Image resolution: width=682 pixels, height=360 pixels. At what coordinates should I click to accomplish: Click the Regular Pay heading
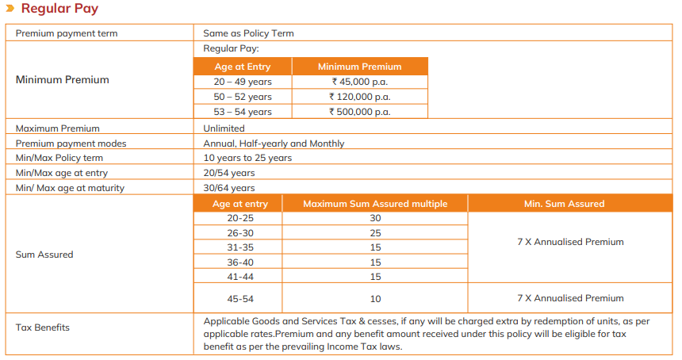(x=59, y=9)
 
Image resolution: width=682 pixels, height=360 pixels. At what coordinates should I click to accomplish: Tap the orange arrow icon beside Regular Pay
(x=10, y=8)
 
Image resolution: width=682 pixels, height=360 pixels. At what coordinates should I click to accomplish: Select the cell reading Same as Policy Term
(x=248, y=33)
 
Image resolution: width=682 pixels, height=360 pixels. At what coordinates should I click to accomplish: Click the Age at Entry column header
(x=242, y=67)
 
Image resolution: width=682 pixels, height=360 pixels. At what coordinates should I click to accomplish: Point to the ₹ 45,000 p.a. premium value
(x=360, y=82)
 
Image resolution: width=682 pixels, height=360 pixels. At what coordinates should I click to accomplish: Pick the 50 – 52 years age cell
(x=242, y=97)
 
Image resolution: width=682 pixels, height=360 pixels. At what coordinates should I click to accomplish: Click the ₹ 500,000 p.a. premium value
(x=360, y=112)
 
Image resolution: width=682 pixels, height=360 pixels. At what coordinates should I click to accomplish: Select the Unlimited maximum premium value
(x=224, y=128)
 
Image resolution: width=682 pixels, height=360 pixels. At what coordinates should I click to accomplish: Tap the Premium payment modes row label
(x=71, y=144)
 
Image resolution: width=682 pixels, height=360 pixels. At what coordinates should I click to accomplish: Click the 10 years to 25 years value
(x=247, y=158)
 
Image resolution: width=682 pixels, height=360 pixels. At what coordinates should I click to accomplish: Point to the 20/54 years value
(x=229, y=173)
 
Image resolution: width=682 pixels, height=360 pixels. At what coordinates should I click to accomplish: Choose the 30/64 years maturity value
(x=229, y=188)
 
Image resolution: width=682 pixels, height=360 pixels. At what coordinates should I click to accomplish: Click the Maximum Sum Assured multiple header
(x=375, y=204)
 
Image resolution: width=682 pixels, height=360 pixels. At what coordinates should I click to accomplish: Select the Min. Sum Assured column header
(x=564, y=204)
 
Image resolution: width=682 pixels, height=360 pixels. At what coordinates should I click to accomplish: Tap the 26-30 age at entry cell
(x=240, y=233)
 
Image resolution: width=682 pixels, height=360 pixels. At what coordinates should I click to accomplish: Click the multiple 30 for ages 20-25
(x=375, y=218)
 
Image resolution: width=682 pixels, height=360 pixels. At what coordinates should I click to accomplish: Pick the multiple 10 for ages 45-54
(x=375, y=299)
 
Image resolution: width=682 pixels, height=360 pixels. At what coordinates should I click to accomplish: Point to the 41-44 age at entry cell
(x=240, y=277)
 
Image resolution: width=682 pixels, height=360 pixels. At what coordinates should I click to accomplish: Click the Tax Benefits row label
(x=43, y=327)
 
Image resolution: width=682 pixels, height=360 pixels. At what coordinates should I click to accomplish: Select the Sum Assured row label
(x=44, y=255)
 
